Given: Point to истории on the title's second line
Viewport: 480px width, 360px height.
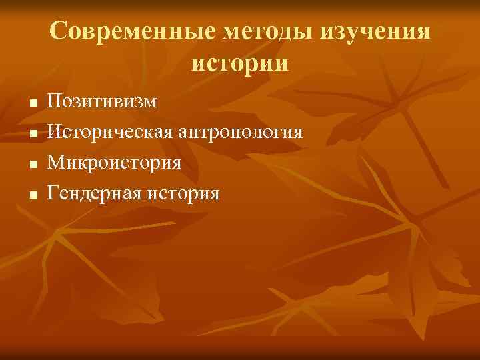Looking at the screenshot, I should point(240,63).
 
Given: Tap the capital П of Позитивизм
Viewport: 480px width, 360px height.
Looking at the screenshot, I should point(55,101).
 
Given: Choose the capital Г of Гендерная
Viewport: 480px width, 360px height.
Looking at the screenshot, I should point(53,193).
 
